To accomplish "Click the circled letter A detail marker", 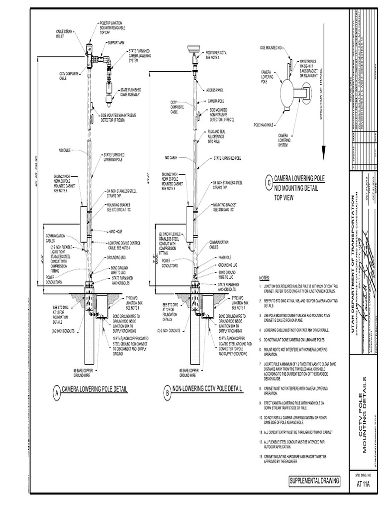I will pos(57,392).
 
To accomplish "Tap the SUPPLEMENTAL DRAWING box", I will pos(315,481).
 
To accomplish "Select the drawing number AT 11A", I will pos(364,484).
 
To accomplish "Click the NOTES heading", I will pos(264,278).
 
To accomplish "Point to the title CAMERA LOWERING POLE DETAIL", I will pos(95,388).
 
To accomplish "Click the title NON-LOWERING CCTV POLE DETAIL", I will pos(207,388).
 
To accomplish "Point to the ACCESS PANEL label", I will pos(215,90).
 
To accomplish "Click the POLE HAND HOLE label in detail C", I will pos(264,125).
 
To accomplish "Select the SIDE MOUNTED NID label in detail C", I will pos(271,47).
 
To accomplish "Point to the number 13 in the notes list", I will pos(261,456).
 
